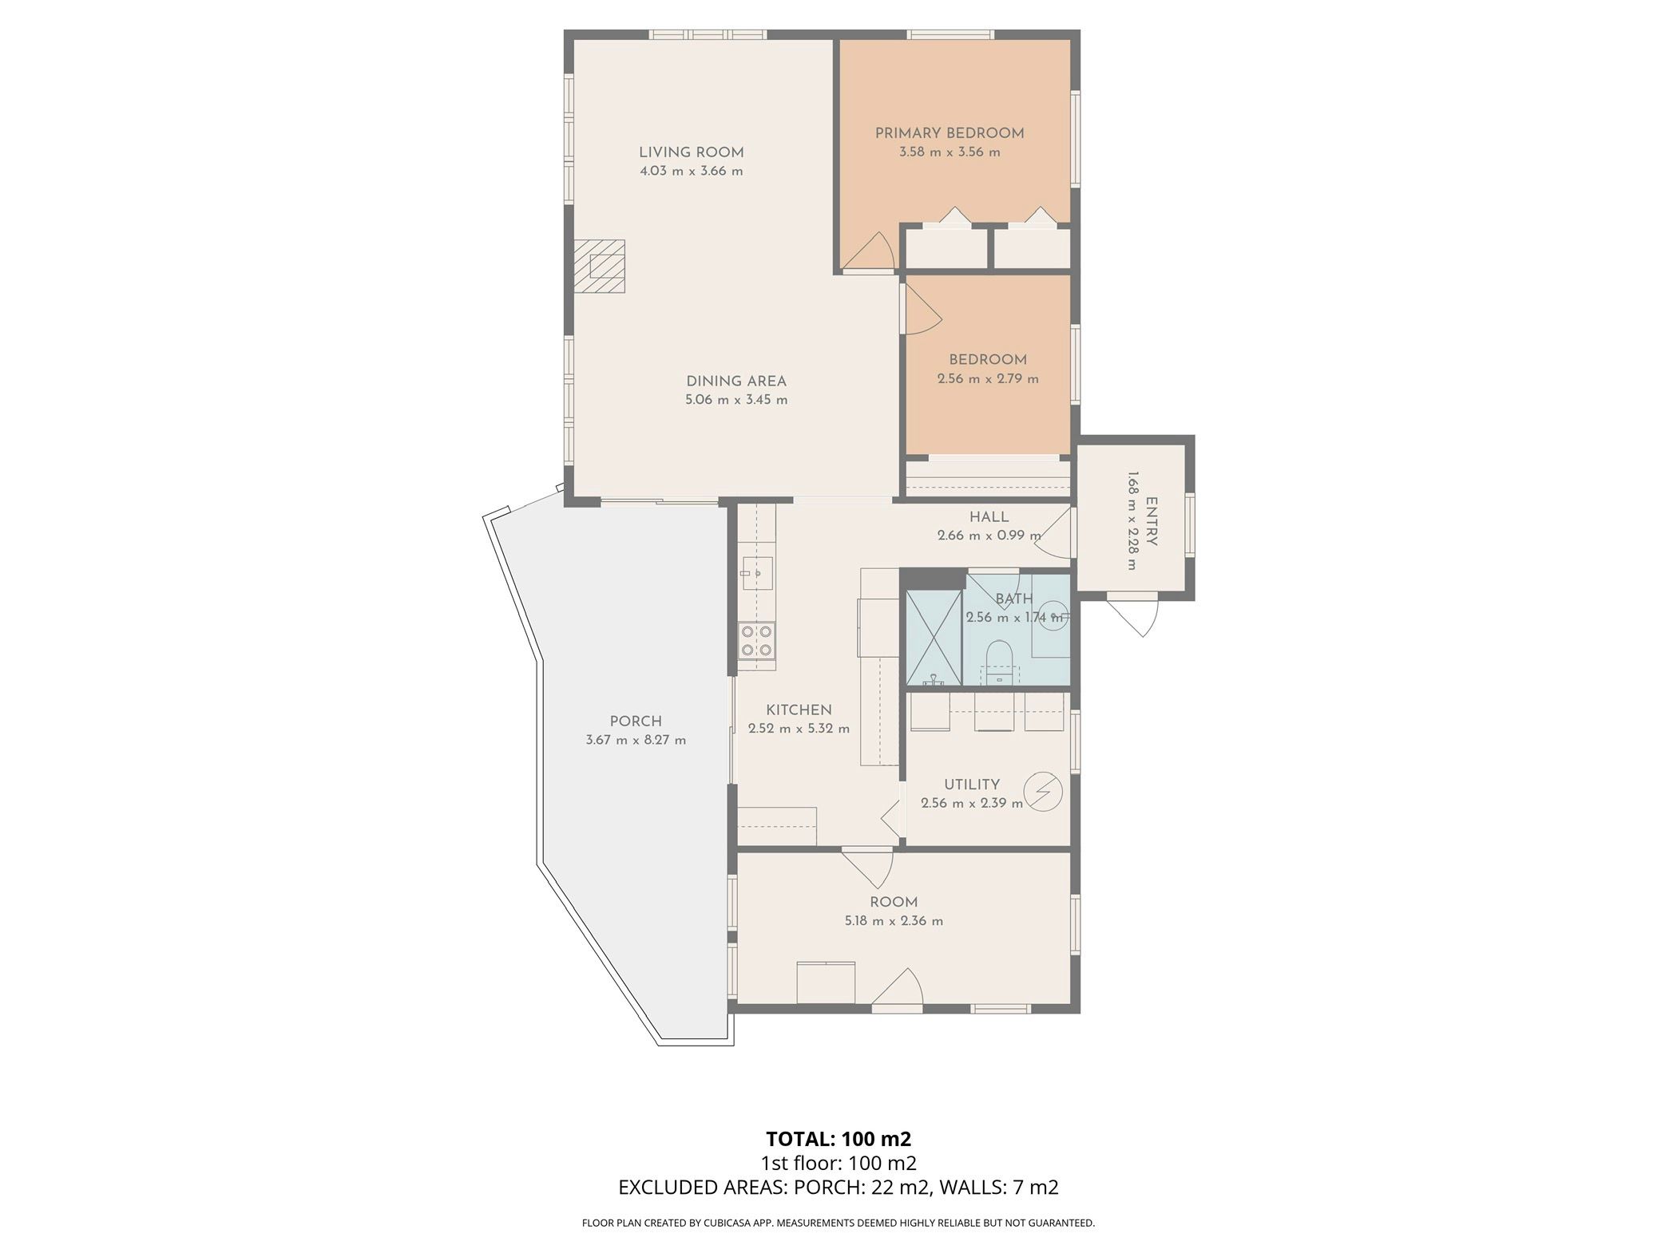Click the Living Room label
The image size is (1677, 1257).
point(691,152)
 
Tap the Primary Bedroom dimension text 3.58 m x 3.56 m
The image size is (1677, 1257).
point(950,152)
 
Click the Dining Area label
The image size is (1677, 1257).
point(736,381)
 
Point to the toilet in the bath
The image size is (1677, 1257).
point(999,662)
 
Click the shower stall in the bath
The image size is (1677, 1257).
point(934,638)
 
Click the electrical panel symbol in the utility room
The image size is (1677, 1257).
point(1043,791)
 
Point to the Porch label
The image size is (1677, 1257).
point(636,721)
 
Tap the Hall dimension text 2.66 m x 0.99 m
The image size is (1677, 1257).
point(989,536)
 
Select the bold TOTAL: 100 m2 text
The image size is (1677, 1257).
point(838,1138)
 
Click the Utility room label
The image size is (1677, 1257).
point(972,785)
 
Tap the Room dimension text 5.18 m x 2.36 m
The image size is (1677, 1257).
point(894,921)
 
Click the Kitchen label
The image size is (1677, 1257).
point(799,710)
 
